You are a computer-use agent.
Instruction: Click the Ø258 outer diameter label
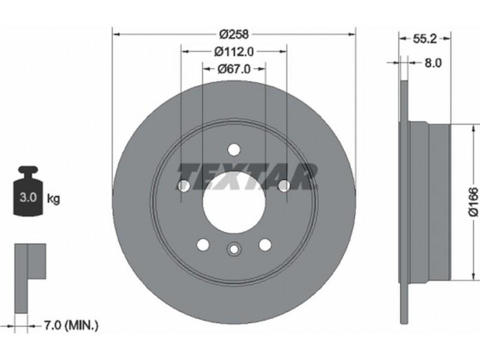point(235,34)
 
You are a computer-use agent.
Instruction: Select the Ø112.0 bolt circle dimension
point(234,52)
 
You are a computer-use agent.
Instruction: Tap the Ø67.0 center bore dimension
point(234,70)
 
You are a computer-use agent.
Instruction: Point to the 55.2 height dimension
point(425,39)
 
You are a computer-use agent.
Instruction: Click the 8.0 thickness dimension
point(433,63)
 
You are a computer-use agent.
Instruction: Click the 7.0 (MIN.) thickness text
point(71,325)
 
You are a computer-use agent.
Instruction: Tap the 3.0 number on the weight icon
point(28,198)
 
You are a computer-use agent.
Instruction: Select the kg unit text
point(53,199)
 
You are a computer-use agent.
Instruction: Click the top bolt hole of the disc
point(234,149)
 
